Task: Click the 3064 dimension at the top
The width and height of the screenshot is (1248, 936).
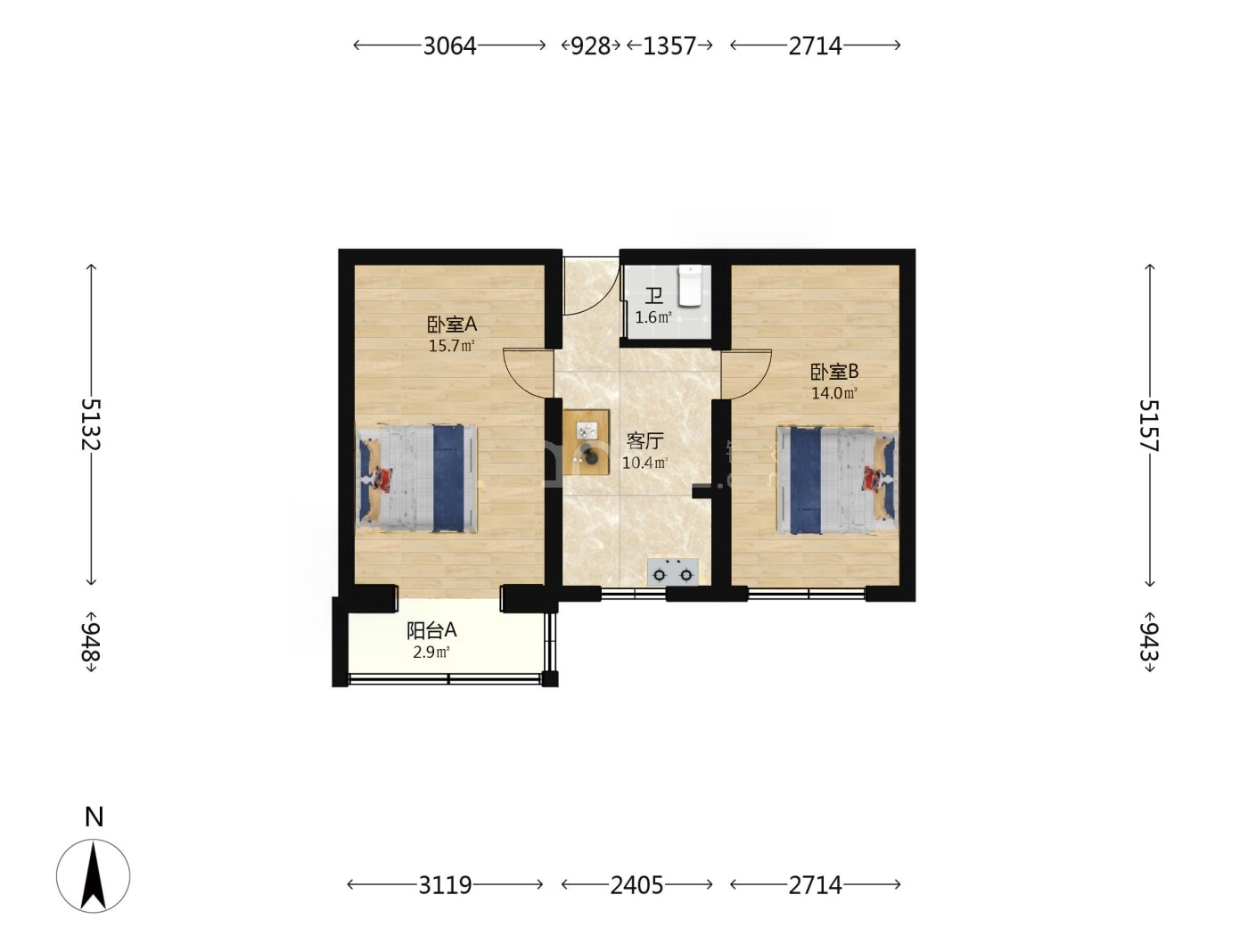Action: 449,45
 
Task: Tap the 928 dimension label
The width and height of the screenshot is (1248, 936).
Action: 589,45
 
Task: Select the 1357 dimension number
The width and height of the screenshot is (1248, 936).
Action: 669,45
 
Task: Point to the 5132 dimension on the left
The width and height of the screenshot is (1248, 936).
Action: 91,424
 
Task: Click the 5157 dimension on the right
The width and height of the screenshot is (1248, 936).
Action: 1149,426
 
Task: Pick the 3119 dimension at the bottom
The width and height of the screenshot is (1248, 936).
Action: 445,885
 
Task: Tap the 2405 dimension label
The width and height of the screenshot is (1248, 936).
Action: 636,885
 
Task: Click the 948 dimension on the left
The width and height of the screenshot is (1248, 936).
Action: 91,642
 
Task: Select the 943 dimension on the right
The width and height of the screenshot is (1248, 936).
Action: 1149,642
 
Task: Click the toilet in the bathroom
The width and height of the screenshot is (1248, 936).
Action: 691,286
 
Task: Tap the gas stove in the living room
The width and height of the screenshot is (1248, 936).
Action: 673,571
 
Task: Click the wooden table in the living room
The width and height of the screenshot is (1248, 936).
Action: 587,441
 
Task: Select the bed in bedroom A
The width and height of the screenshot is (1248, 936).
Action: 416,478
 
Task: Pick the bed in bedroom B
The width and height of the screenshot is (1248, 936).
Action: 838,480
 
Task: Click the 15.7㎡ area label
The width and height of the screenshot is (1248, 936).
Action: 451,346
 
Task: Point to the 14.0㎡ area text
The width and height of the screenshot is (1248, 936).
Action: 834,393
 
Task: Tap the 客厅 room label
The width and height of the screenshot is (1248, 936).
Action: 645,440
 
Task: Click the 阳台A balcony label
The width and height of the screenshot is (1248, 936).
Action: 431,630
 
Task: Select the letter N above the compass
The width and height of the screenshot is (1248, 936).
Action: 94,817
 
